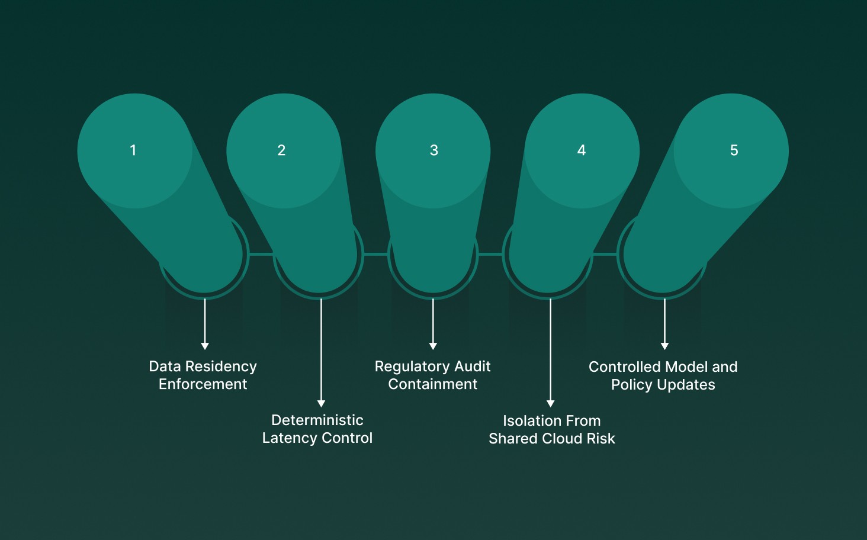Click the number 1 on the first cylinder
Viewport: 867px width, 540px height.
133,150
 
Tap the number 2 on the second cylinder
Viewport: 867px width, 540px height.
281,150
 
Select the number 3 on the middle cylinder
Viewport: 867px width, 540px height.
434,150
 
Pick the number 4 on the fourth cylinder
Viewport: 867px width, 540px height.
582,150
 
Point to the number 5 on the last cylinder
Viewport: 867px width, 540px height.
734,150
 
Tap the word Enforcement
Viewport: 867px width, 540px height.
203,384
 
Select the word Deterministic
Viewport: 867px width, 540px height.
317,420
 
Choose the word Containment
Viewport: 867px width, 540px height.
433,384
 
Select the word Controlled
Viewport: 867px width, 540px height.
624,367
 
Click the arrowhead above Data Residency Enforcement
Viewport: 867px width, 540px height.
205,346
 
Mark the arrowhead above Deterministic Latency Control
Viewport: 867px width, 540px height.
321,404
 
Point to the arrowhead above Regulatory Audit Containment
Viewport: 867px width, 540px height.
433,346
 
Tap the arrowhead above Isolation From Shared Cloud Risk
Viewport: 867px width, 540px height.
551,404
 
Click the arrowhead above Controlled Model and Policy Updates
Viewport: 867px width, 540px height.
664,346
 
